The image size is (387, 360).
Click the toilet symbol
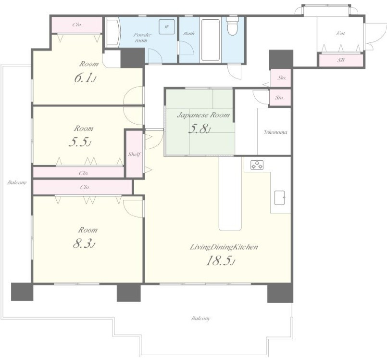[x=232, y=26]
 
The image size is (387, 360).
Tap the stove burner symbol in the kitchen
[x=257, y=165]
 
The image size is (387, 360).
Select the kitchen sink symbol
[x=280, y=198]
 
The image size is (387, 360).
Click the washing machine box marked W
[x=167, y=26]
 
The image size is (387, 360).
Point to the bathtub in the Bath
[x=210, y=40]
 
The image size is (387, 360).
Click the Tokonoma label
[x=275, y=132]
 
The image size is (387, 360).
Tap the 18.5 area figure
[x=220, y=261]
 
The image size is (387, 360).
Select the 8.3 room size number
[x=84, y=244]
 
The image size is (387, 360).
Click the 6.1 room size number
[x=85, y=77]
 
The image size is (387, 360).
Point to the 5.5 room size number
[x=80, y=142]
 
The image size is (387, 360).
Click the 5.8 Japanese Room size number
[x=200, y=129]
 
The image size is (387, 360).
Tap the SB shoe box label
[x=341, y=60]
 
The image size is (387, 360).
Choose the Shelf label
[x=134, y=154]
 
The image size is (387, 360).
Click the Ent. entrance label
[x=340, y=33]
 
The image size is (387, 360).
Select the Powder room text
[x=142, y=38]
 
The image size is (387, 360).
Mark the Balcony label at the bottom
[x=200, y=318]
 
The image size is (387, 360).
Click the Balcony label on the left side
[x=17, y=182]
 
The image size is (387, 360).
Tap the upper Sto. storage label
[x=282, y=78]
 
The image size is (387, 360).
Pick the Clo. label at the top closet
[x=77, y=25]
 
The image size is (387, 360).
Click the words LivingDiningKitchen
[x=224, y=247]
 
